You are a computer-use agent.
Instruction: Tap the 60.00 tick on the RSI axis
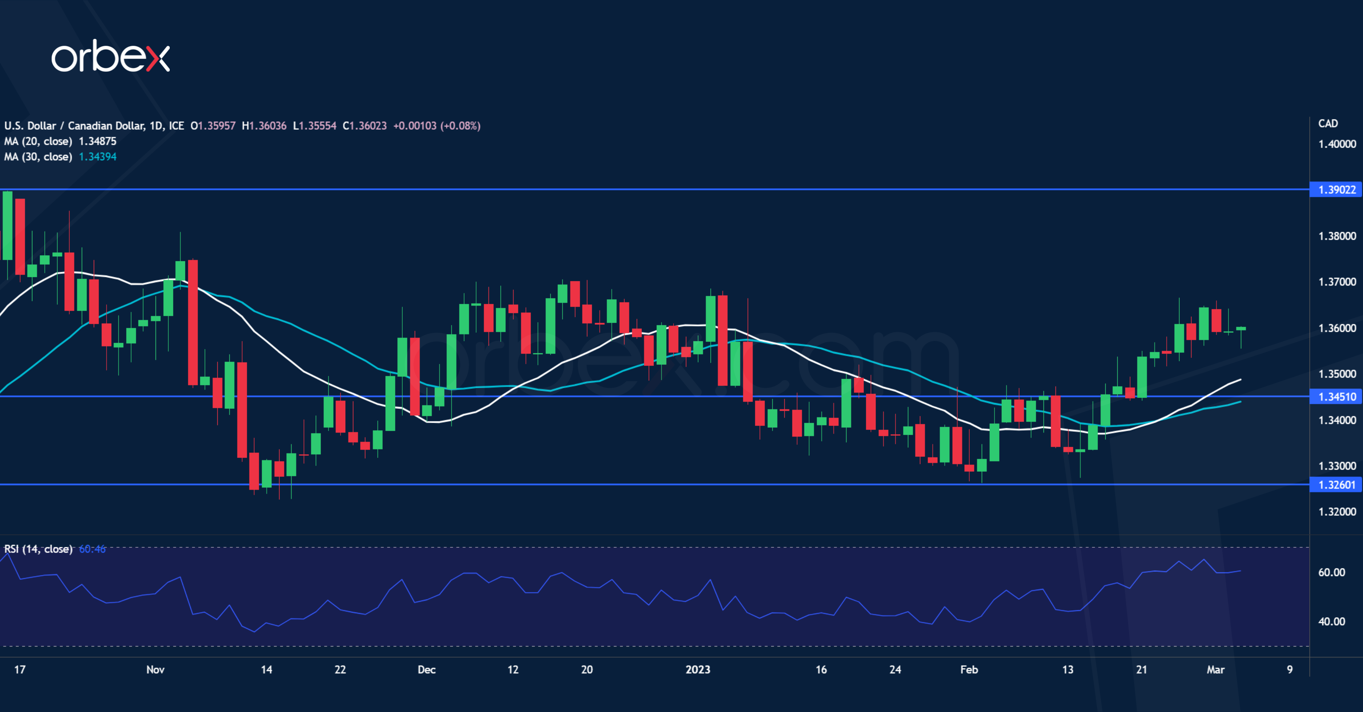[1331, 572]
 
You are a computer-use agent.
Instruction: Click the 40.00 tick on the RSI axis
[1331, 622]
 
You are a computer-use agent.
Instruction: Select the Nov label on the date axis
[155, 670]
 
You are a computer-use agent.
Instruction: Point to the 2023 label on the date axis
[697, 670]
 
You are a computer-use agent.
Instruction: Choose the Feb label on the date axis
[969, 670]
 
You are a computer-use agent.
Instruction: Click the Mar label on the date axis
[1215, 670]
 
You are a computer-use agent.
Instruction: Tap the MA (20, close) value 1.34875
[97, 141]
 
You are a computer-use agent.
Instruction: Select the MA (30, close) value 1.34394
[97, 157]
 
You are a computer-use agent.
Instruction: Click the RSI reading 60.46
[92, 549]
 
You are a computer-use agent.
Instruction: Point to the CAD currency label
[1327, 123]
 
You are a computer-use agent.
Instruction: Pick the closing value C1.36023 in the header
[365, 126]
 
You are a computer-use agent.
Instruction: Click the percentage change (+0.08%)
[460, 126]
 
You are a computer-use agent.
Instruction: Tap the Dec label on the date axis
[426, 670]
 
